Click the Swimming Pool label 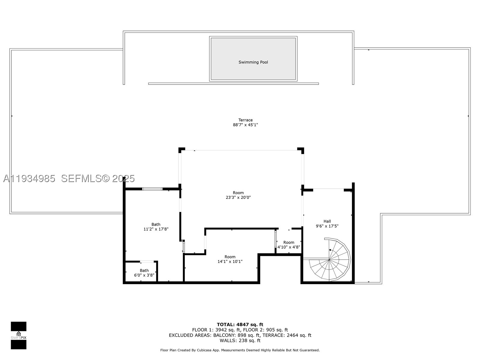[x=253, y=62]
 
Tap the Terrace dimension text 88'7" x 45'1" [x=245, y=125]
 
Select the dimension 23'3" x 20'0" [x=238, y=197]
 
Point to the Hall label [x=327, y=221]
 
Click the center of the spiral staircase [x=329, y=259]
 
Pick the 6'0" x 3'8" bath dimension [x=144, y=275]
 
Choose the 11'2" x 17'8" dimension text [x=156, y=229]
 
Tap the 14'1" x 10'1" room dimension [x=230, y=261]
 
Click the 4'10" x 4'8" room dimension [x=289, y=247]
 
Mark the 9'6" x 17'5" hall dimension [x=327, y=226]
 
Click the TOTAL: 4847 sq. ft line [x=240, y=325]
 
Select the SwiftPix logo [x=19, y=335]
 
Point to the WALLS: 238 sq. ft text [x=240, y=340]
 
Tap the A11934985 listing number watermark [x=29, y=178]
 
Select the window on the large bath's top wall [x=152, y=189]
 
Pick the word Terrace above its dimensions [x=245, y=120]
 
